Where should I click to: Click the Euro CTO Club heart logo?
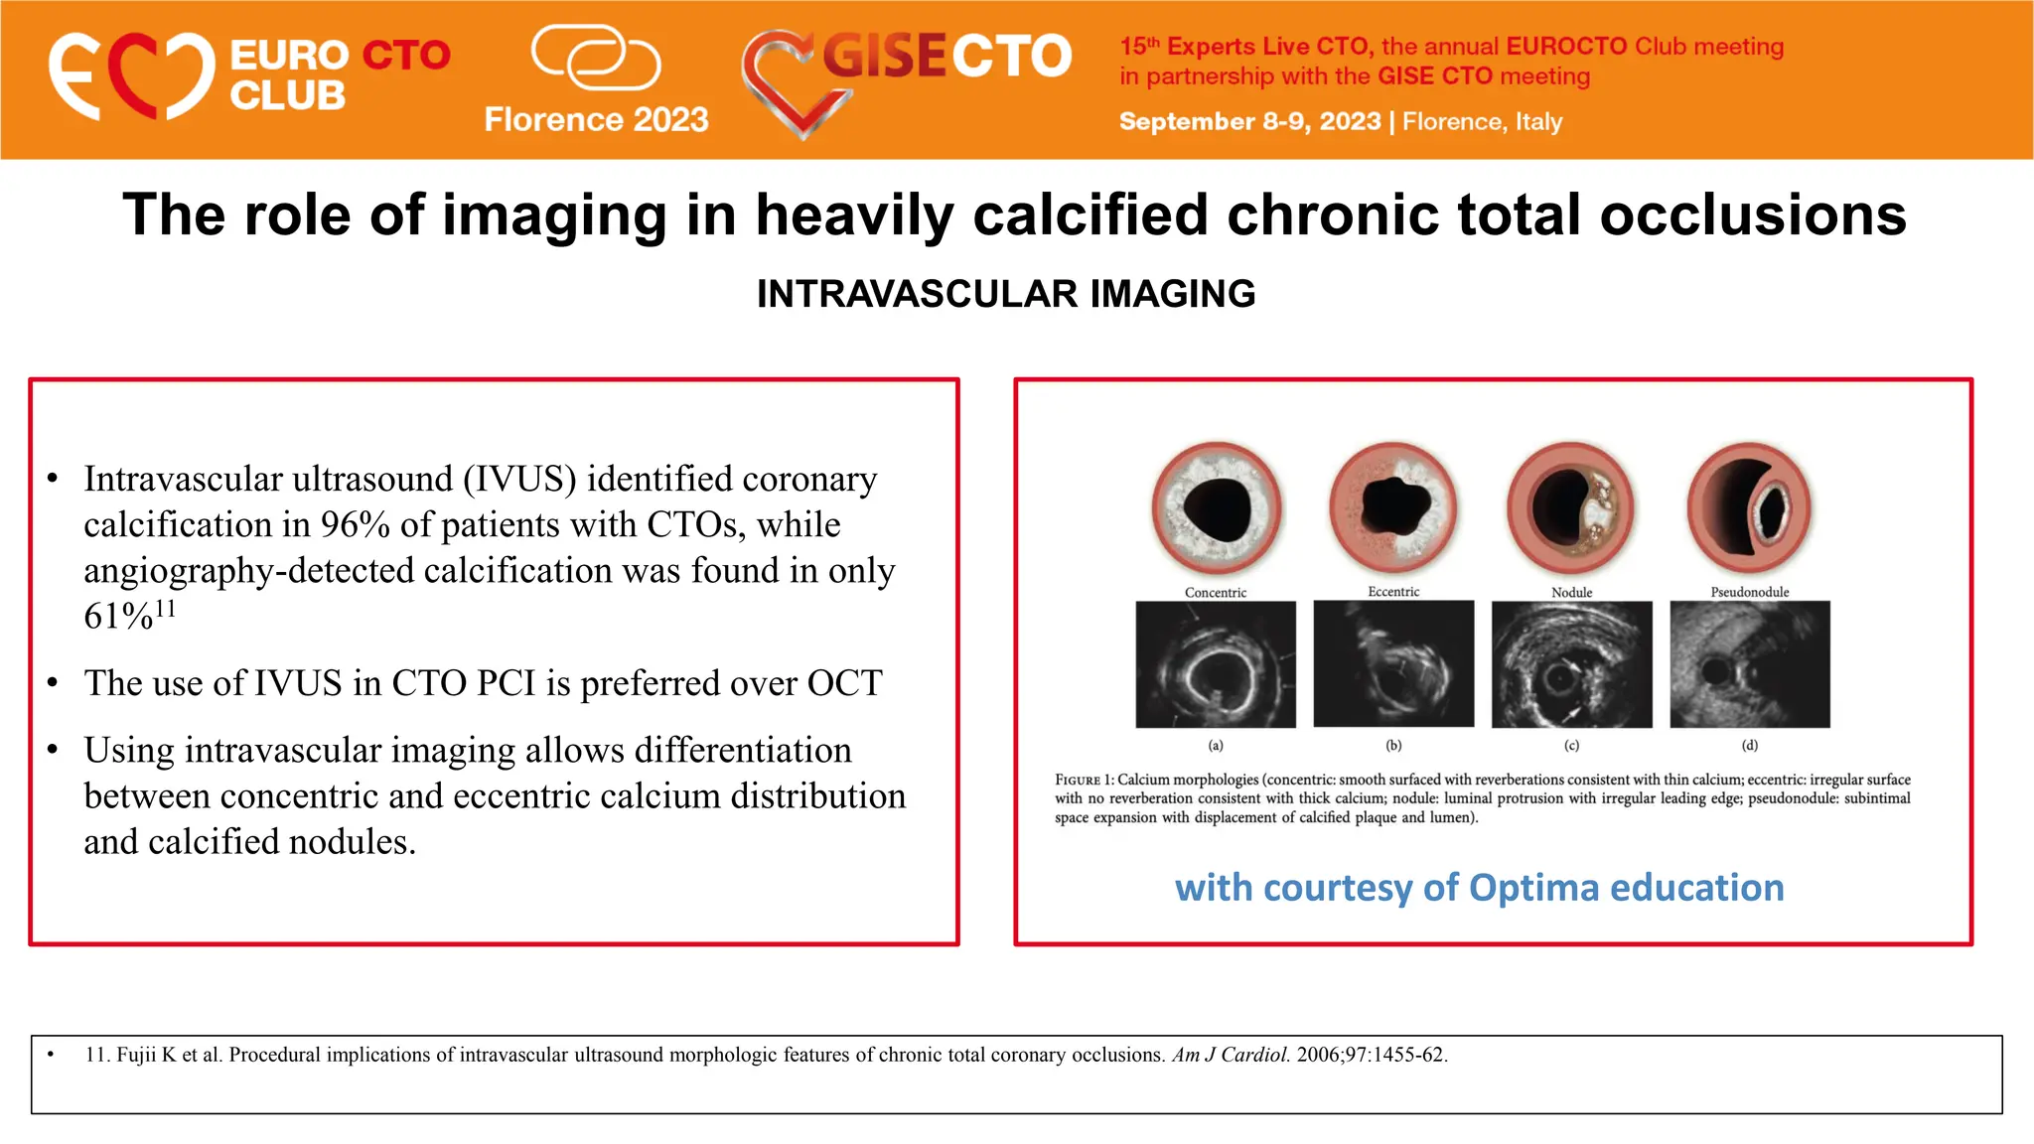coord(131,76)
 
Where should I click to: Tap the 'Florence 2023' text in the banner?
coord(596,120)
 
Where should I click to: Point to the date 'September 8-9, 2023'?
coord(1249,122)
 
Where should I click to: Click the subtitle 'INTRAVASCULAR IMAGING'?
coord(1005,294)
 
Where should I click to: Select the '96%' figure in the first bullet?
coord(355,524)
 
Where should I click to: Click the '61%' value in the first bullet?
coord(118,617)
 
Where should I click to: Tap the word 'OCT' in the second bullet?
coord(844,683)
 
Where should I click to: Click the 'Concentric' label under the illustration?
coord(1215,593)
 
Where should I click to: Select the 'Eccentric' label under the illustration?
coord(1393,592)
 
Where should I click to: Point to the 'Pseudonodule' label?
coord(1749,593)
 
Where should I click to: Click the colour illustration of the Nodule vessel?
coord(1570,507)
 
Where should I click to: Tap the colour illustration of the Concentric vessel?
coord(1216,507)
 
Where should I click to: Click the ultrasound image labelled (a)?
coord(1216,664)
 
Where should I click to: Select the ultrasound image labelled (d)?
coord(1749,664)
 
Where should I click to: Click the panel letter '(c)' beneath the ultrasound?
coord(1571,745)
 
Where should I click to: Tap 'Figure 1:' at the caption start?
coord(1084,781)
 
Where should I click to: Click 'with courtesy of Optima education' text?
coord(1479,887)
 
